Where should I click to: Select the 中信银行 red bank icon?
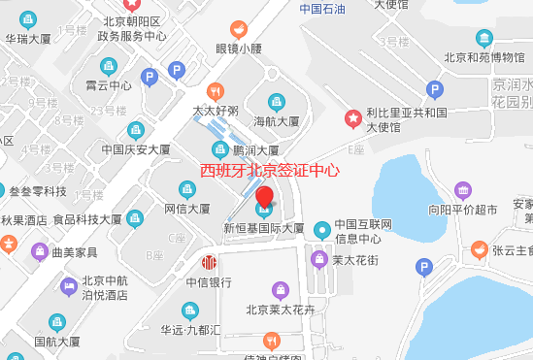[x=209, y=263]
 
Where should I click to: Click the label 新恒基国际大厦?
[x=264, y=229]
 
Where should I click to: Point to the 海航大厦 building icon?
[x=277, y=102]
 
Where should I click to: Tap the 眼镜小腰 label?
[x=239, y=49]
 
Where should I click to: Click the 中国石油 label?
[x=323, y=10]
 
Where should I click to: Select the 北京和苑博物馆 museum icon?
[x=483, y=38]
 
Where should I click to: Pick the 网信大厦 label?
[x=187, y=208]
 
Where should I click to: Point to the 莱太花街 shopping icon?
[x=318, y=259]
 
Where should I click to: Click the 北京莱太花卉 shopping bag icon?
[x=281, y=290]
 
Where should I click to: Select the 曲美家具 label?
[x=74, y=252]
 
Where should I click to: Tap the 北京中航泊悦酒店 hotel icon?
[x=70, y=284]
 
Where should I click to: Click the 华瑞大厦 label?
[x=28, y=40]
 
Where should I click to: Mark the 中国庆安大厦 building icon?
[x=136, y=130]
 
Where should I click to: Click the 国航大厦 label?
[x=57, y=341]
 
